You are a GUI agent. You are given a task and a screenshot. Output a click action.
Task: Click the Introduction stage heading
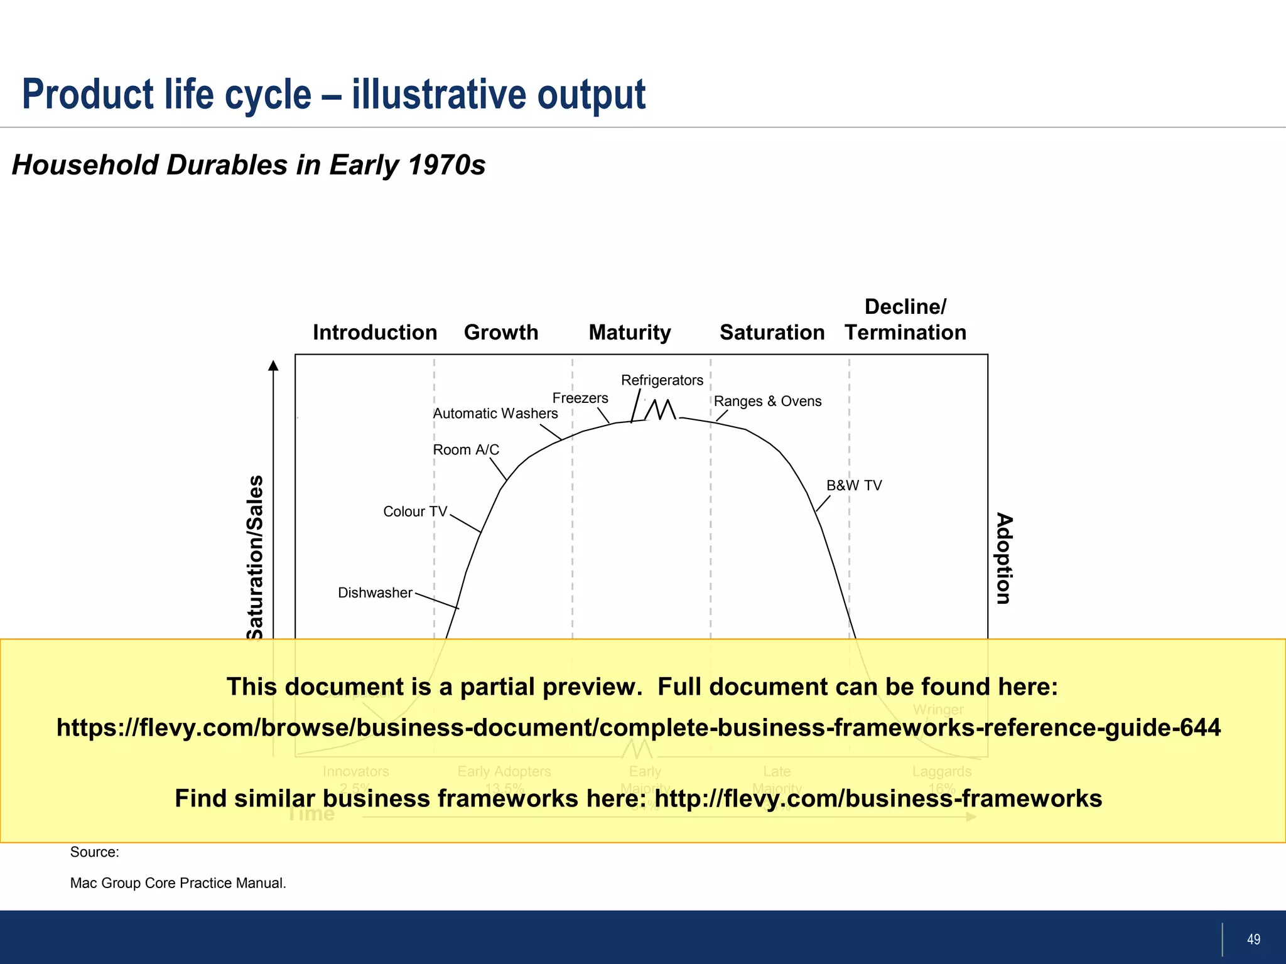(x=375, y=332)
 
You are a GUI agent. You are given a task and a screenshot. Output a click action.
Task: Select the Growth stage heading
(x=501, y=332)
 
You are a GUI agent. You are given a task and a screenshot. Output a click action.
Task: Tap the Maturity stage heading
(x=630, y=332)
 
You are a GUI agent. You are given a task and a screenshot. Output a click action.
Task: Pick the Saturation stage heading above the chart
(x=772, y=332)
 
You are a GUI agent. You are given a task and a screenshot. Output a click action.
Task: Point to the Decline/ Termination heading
(x=905, y=319)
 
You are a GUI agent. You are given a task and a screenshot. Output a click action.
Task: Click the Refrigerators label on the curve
(x=662, y=380)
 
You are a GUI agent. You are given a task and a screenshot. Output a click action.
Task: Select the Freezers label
(x=580, y=398)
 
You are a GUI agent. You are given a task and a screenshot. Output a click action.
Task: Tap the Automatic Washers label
(x=495, y=414)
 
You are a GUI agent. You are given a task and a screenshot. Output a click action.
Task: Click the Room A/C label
(x=466, y=450)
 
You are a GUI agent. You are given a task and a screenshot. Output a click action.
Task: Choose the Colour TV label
(x=414, y=511)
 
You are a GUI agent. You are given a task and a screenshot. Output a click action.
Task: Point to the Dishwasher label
(x=375, y=592)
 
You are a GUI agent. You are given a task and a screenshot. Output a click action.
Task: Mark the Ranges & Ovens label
(x=767, y=401)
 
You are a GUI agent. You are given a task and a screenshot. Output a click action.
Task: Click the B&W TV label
(x=854, y=485)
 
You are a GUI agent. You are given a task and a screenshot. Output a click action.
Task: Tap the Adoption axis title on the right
(x=1004, y=559)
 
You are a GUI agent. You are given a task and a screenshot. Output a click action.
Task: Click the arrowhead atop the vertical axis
(x=273, y=365)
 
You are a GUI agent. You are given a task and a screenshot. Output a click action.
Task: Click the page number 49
(x=1253, y=939)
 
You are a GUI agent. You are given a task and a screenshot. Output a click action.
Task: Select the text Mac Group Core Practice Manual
(x=178, y=883)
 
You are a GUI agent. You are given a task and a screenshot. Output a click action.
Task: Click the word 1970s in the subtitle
(x=446, y=165)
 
